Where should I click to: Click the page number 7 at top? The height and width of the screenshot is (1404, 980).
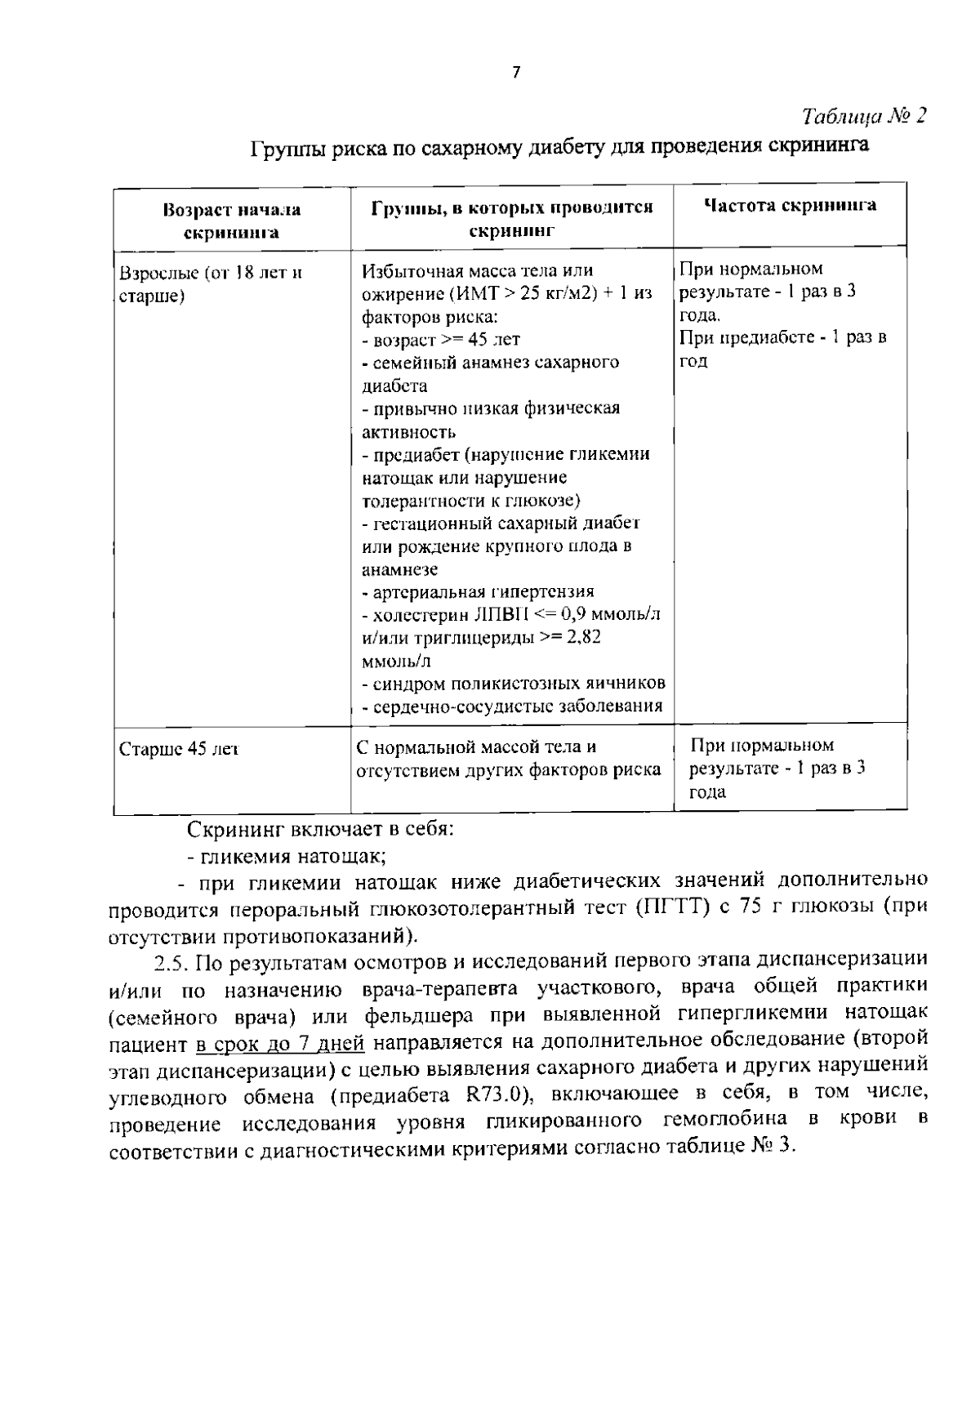click(x=515, y=73)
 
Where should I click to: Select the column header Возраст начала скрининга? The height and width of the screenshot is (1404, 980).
click(x=232, y=221)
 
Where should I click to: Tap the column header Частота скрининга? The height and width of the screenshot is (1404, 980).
click(x=790, y=206)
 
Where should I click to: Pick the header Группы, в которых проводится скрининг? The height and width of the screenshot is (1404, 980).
click(x=512, y=218)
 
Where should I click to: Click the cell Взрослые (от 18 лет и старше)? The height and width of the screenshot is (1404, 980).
click(x=211, y=284)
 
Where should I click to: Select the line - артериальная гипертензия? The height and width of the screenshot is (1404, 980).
click(x=478, y=591)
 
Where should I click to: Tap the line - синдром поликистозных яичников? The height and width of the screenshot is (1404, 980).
click(x=513, y=683)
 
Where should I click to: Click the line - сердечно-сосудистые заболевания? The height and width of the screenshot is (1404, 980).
click(x=512, y=706)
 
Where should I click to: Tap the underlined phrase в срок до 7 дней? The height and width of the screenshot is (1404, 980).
click(x=280, y=1043)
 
